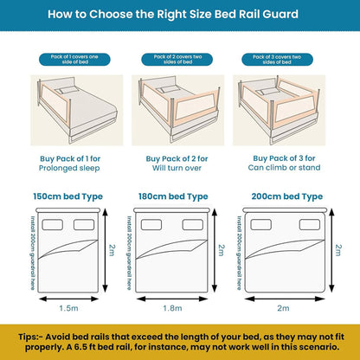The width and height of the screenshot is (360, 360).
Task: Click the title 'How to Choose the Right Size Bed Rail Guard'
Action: coord(180,16)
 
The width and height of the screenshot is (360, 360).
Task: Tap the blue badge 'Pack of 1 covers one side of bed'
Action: coord(69,58)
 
